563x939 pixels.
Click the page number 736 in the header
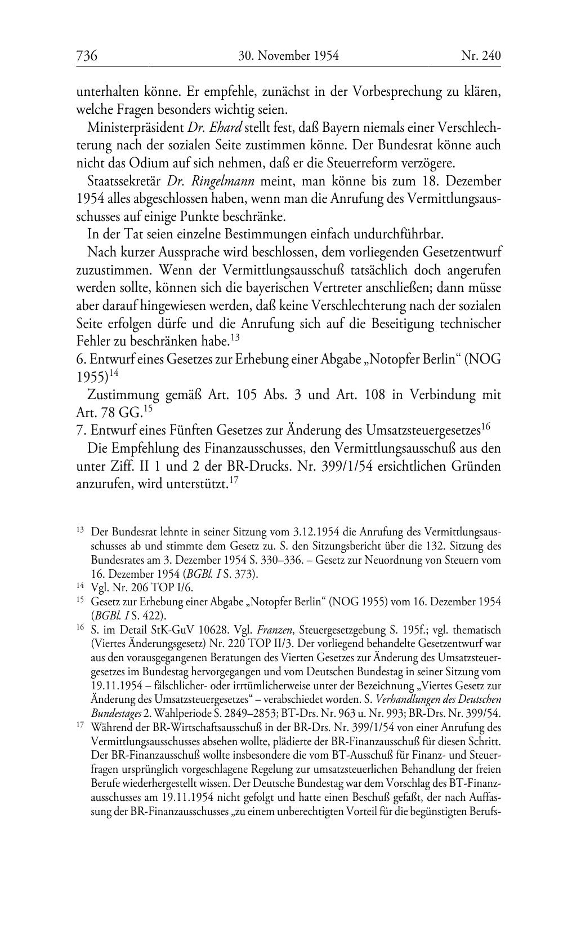tap(87, 56)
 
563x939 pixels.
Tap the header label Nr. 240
tap(481, 56)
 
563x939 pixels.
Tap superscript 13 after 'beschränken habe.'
tap(235, 338)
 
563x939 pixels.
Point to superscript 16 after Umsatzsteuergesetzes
tap(486, 428)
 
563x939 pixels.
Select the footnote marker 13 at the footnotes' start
tap(80, 530)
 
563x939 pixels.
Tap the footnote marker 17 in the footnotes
tap(80, 725)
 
